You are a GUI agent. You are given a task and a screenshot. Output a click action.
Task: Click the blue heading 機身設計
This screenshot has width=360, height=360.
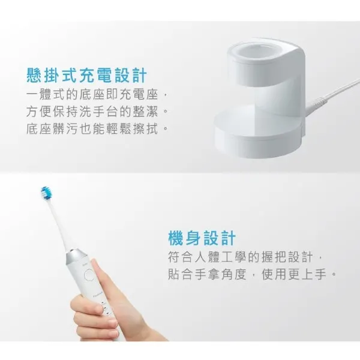coord(201,238)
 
